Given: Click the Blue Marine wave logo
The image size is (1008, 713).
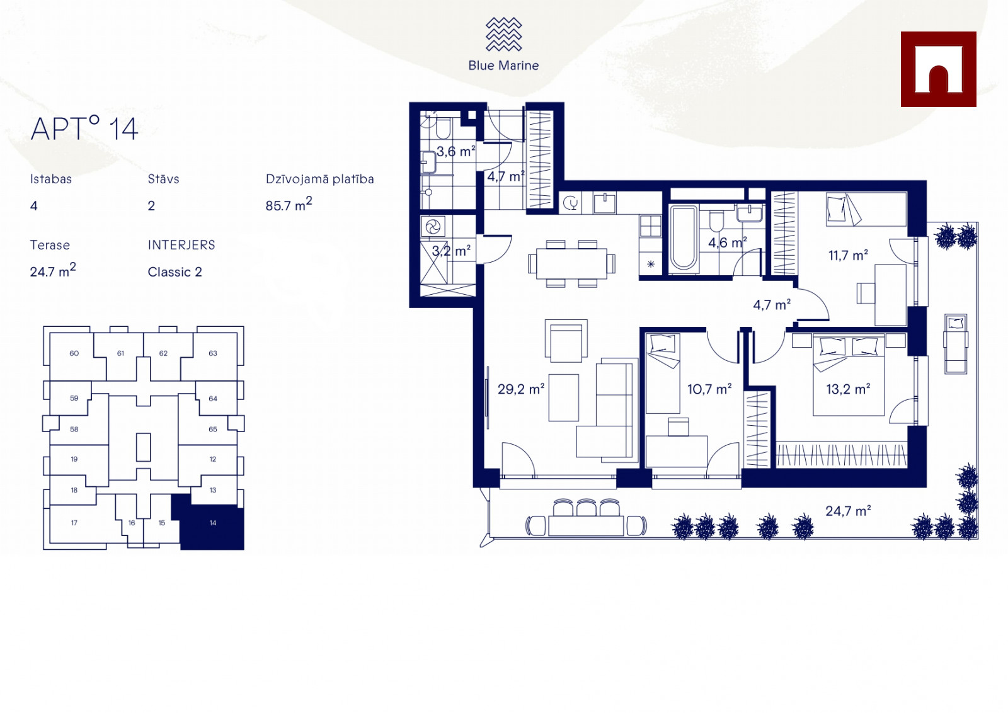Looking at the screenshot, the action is click(x=503, y=34).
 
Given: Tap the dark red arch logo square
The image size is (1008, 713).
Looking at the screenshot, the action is click(x=938, y=69).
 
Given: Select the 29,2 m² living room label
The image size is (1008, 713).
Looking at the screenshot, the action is click(x=521, y=389).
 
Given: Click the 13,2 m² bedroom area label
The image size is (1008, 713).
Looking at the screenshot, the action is click(x=848, y=389).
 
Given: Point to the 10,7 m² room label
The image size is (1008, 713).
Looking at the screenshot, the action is click(x=709, y=389).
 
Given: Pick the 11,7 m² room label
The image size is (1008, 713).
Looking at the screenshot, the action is click(x=848, y=256).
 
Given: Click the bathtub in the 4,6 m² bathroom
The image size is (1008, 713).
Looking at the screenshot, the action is click(x=684, y=239).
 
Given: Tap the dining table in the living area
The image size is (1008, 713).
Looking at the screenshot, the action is click(x=571, y=264).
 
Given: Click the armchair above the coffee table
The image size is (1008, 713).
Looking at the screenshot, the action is click(x=566, y=341).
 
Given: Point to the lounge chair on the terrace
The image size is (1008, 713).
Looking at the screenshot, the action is click(x=956, y=344).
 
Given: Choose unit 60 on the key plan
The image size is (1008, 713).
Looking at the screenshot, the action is click(x=74, y=353).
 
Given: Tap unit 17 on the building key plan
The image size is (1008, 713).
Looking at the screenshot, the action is click(x=74, y=523).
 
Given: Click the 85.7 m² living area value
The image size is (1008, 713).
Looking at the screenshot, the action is click(x=289, y=204).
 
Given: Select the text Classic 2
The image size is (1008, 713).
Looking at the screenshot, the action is click(x=175, y=272).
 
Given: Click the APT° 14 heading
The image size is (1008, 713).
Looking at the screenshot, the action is click(x=84, y=128).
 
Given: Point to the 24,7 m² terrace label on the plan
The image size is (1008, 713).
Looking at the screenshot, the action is click(x=848, y=511).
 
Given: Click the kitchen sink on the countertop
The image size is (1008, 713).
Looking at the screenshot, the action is click(x=605, y=203).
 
